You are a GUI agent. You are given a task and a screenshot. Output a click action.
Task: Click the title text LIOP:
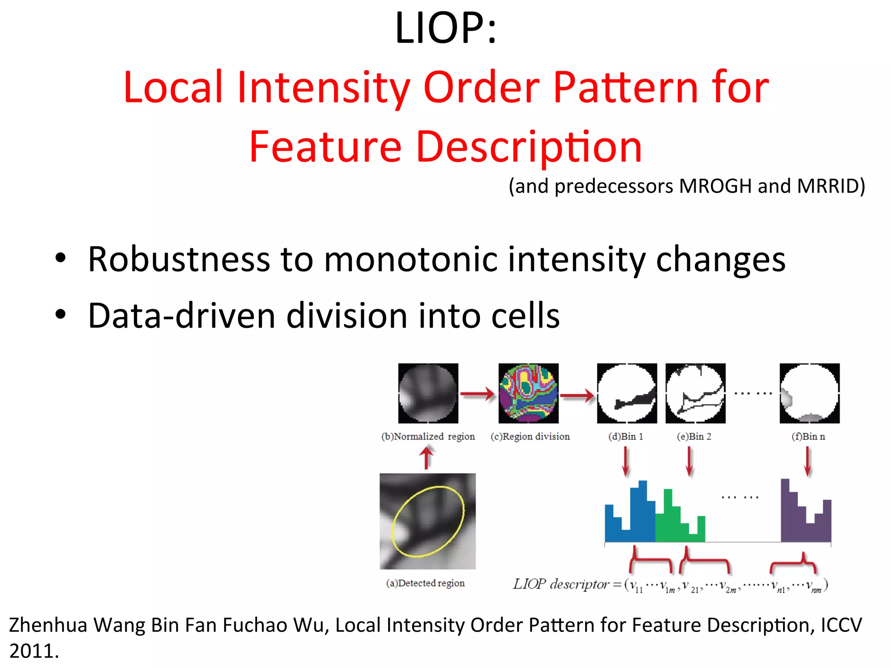pyautogui.click(x=445, y=28)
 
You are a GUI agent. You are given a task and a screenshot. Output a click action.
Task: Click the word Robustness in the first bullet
pyautogui.click(x=178, y=260)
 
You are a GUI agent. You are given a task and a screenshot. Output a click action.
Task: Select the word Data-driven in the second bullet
pyautogui.click(x=181, y=316)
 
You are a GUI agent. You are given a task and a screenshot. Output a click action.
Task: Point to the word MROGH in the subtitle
pyautogui.click(x=715, y=186)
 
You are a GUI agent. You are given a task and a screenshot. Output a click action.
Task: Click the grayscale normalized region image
pyautogui.click(x=428, y=393)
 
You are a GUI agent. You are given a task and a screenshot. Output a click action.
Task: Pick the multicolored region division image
pyautogui.click(x=528, y=393)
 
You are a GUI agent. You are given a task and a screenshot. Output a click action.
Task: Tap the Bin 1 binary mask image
pyautogui.click(x=627, y=393)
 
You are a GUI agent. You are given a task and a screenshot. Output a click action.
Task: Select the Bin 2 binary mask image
pyautogui.click(x=695, y=393)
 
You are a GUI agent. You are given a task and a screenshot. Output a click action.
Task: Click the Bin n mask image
pyautogui.click(x=809, y=393)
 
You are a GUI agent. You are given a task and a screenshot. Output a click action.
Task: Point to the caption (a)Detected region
pyautogui.click(x=425, y=583)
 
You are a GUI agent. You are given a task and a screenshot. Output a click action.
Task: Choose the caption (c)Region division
pyautogui.click(x=530, y=436)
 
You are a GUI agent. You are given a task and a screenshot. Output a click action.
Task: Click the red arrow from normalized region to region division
pyautogui.click(x=477, y=394)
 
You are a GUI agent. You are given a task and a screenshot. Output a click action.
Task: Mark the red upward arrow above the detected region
pyautogui.click(x=426, y=458)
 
